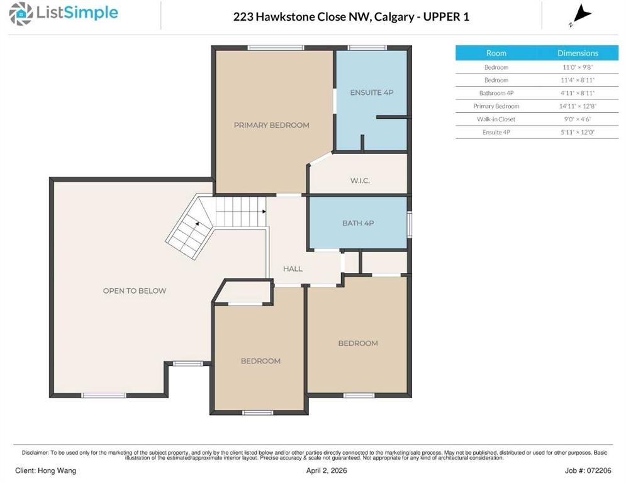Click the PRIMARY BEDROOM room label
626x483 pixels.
click(271, 125)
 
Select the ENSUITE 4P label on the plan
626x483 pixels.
click(371, 92)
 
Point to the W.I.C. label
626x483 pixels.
click(360, 181)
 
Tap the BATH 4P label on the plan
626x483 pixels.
click(358, 223)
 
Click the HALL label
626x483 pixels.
click(293, 269)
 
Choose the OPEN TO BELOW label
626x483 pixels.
click(135, 291)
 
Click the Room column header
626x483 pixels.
click(496, 53)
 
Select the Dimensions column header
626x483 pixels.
click(578, 53)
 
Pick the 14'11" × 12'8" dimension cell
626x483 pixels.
click(578, 106)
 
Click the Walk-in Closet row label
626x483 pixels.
click(496, 119)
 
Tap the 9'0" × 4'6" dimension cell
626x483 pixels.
click(578, 119)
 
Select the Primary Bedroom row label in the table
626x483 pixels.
click(496, 106)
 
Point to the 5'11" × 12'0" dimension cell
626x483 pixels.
click(578, 132)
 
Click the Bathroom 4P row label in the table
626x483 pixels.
click(496, 93)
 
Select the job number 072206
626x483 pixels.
click(598, 470)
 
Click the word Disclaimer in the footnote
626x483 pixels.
click(36, 452)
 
